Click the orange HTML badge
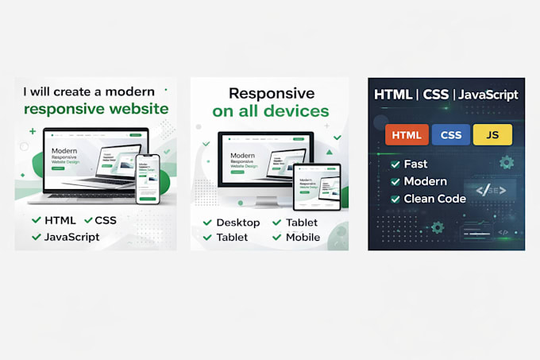pos(407,135)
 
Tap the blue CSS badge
pos(450,135)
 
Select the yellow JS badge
pos(492,135)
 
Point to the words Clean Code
pos(434,199)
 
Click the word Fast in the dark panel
pos(415,165)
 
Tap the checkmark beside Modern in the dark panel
pos(395,182)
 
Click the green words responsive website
pos(96,109)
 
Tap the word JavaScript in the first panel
pos(72,237)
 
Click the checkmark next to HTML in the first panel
pos(36,220)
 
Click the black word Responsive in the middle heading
pos(271,93)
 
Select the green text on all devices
pos(270,111)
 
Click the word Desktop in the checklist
pos(238,223)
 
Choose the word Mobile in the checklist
pos(302,237)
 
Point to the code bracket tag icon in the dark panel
pos(484,189)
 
